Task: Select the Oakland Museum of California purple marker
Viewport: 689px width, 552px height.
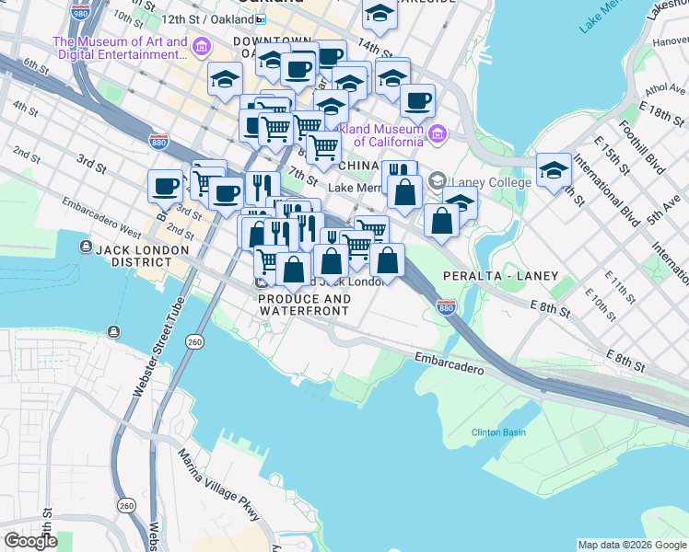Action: coord(437,136)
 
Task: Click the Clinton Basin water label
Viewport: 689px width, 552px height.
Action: coord(498,432)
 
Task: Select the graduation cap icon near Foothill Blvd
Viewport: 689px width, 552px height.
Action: coord(554,170)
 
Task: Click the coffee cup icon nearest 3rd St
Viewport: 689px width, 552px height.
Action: coord(166,186)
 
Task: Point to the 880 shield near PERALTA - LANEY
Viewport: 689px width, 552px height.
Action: coord(446,305)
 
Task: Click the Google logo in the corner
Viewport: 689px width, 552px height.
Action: coord(30,541)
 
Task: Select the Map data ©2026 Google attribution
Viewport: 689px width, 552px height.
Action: coord(632,545)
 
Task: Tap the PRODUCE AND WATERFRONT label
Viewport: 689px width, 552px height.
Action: coord(304,305)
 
